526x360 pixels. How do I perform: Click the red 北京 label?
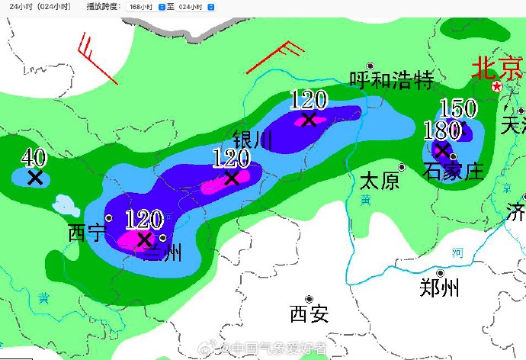tap(498, 69)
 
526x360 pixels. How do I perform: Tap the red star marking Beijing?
tap(497, 87)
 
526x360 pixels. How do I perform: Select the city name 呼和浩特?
tap(391, 79)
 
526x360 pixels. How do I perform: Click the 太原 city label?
tap(379, 181)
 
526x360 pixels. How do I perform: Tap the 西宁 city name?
tap(87, 232)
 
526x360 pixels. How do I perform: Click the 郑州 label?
tap(439, 288)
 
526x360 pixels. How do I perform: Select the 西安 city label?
tap(309, 313)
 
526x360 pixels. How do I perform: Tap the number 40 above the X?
tap(34, 158)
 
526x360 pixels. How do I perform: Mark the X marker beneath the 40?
tap(34, 178)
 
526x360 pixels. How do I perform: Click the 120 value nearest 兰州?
tap(143, 220)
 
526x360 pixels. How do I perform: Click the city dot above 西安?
tap(309, 299)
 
